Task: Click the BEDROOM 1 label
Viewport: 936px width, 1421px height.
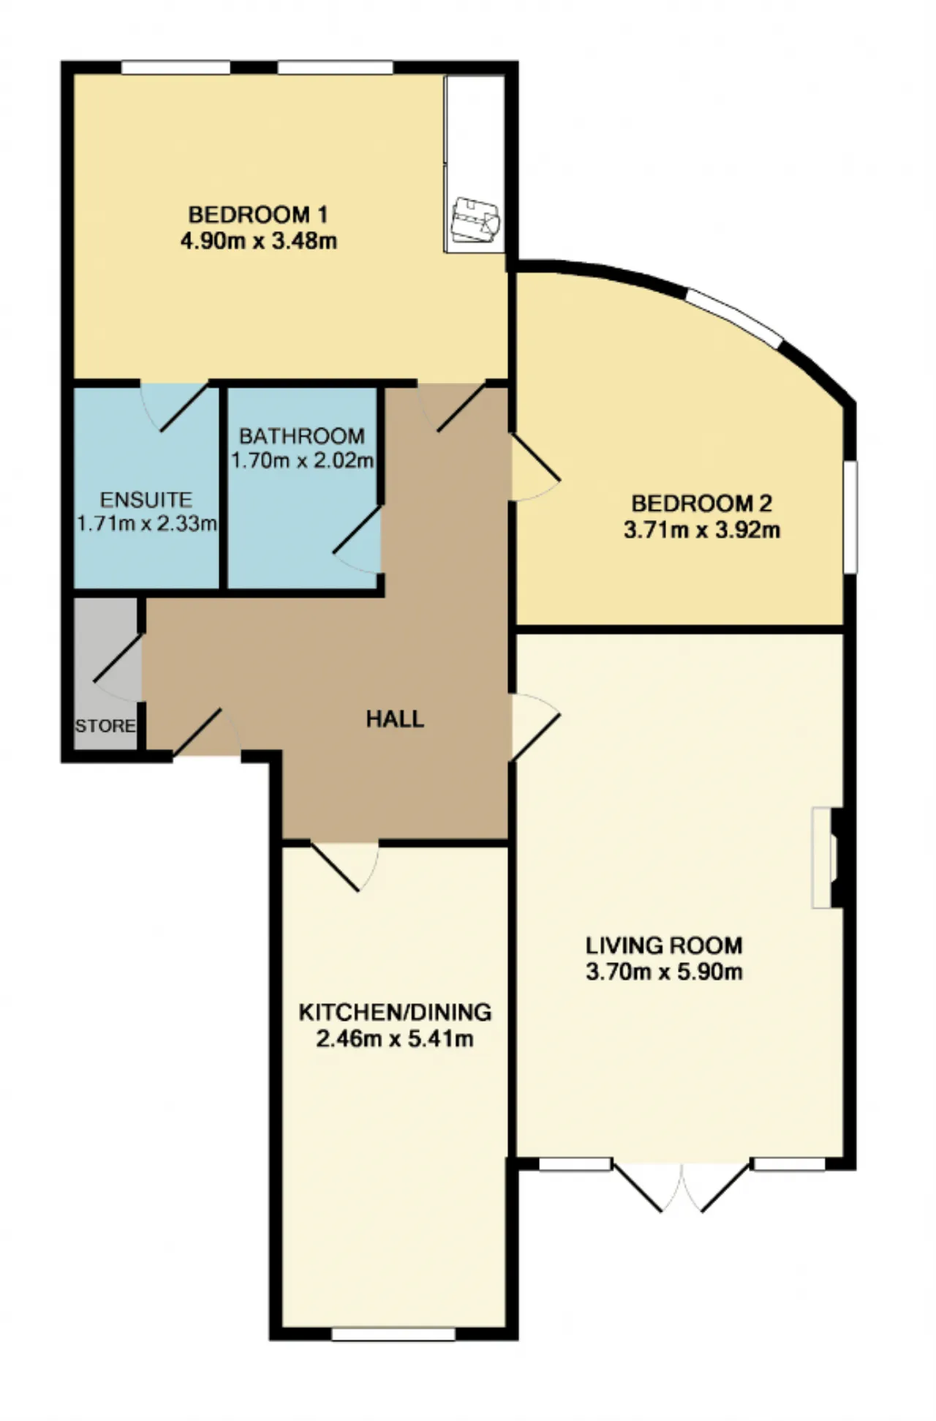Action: click(x=258, y=214)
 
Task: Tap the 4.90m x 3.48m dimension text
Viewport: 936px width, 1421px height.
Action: click(x=259, y=241)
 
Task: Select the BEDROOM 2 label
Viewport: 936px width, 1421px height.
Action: click(x=702, y=503)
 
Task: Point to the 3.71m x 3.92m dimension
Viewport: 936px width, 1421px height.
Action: click(x=702, y=530)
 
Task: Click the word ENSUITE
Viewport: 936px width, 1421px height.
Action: click(x=146, y=500)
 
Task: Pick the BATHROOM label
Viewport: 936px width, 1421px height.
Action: click(x=302, y=436)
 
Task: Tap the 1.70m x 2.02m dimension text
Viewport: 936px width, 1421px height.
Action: click(x=303, y=461)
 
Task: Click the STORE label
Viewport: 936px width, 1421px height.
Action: click(x=105, y=726)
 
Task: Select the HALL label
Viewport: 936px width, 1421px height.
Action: click(x=395, y=719)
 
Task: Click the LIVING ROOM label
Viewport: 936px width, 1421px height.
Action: click(x=664, y=945)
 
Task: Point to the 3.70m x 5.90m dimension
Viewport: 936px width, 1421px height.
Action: click(x=664, y=972)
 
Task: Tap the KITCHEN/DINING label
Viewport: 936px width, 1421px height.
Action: click(x=395, y=1012)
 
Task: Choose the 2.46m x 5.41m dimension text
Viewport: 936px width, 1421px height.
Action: click(x=395, y=1038)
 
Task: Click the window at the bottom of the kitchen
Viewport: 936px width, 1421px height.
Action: click(x=393, y=1335)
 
